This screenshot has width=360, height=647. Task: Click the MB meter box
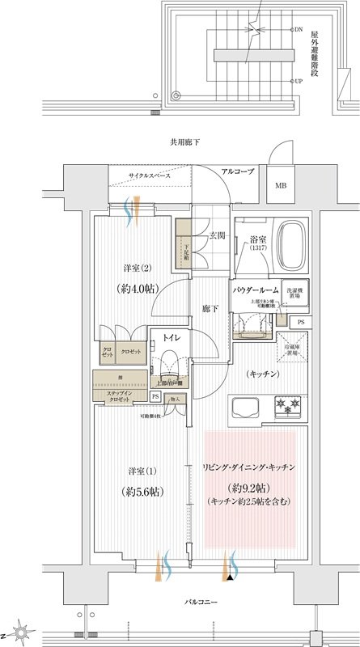[281, 185]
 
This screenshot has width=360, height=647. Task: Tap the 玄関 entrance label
[216, 235]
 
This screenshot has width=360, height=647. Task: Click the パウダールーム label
[256, 289]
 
